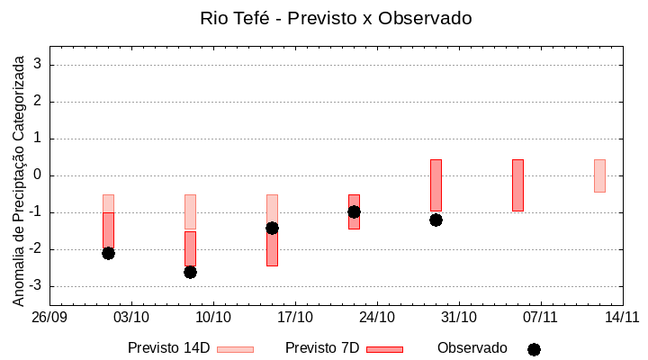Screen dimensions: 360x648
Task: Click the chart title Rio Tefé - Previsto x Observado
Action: pyautogui.click(x=336, y=18)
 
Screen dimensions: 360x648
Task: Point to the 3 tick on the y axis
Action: pyautogui.click(x=39, y=65)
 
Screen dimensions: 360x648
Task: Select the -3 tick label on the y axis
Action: pyautogui.click(x=36, y=286)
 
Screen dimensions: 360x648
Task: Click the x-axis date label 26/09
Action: pyautogui.click(x=50, y=317)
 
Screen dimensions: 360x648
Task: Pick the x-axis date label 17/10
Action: pyautogui.click(x=295, y=317)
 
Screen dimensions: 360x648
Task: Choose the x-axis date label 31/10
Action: pyautogui.click(x=459, y=317)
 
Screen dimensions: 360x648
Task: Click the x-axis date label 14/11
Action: pyautogui.click(x=622, y=317)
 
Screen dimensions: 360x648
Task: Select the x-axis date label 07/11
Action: pyautogui.click(x=541, y=317)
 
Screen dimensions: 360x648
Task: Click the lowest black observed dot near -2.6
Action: pyautogui.click(x=190, y=272)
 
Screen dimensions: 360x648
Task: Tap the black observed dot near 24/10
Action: pyautogui.click(x=354, y=211)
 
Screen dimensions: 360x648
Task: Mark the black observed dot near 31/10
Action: pyautogui.click(x=436, y=220)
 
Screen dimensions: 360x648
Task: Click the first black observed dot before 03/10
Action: pyautogui.click(x=108, y=253)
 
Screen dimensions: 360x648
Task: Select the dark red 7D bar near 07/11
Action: pyautogui.click(x=517, y=184)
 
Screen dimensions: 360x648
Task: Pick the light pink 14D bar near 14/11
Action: pyautogui.click(x=599, y=175)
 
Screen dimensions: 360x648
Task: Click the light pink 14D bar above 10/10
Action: pyautogui.click(x=190, y=211)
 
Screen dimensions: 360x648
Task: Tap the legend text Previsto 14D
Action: pyautogui.click(x=168, y=348)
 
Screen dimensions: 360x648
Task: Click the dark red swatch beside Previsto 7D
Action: pyautogui.click(x=384, y=349)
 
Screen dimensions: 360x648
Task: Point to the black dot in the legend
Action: pyautogui.click(x=534, y=349)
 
